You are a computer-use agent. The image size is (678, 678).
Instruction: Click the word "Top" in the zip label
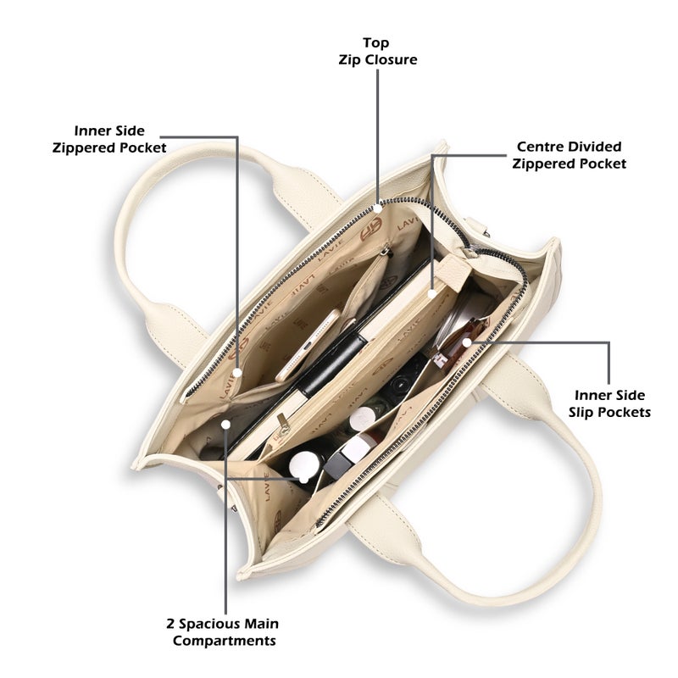pyautogui.click(x=375, y=43)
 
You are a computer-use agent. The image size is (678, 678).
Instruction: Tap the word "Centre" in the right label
pyautogui.click(x=541, y=147)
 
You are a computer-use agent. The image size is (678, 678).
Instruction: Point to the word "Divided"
pyautogui.click(x=595, y=147)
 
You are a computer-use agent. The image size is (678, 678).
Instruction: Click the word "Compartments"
pyautogui.click(x=224, y=641)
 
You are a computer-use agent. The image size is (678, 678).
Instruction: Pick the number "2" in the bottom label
pyautogui.click(x=171, y=624)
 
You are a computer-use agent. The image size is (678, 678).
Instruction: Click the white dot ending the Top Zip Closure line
pyautogui.click(x=377, y=208)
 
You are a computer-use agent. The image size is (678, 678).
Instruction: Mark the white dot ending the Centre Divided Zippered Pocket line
pyautogui.click(x=432, y=294)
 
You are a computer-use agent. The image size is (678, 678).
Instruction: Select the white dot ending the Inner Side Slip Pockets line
pyautogui.click(x=467, y=343)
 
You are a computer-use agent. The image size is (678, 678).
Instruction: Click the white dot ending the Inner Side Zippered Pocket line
pyautogui.click(x=237, y=372)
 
